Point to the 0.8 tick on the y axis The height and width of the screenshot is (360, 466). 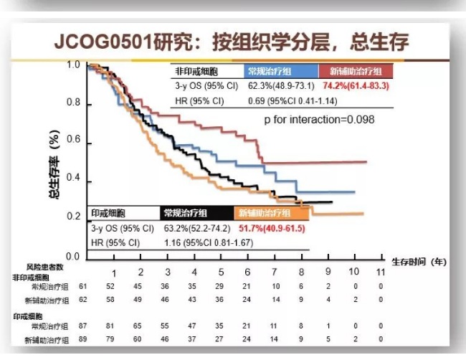pyautogui.click(x=75, y=103)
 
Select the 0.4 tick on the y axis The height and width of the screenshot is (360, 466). pyautogui.click(x=75, y=179)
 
